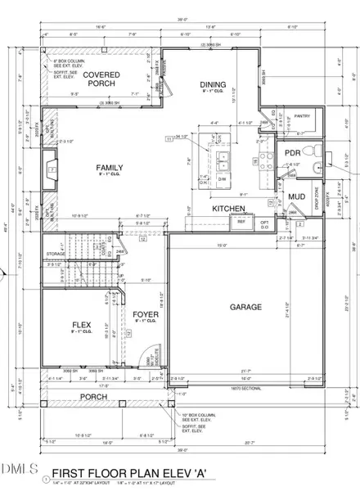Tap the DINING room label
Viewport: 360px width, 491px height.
(x=212, y=84)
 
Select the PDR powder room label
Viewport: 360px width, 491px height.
(x=291, y=152)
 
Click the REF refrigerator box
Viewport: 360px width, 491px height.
(x=241, y=222)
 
